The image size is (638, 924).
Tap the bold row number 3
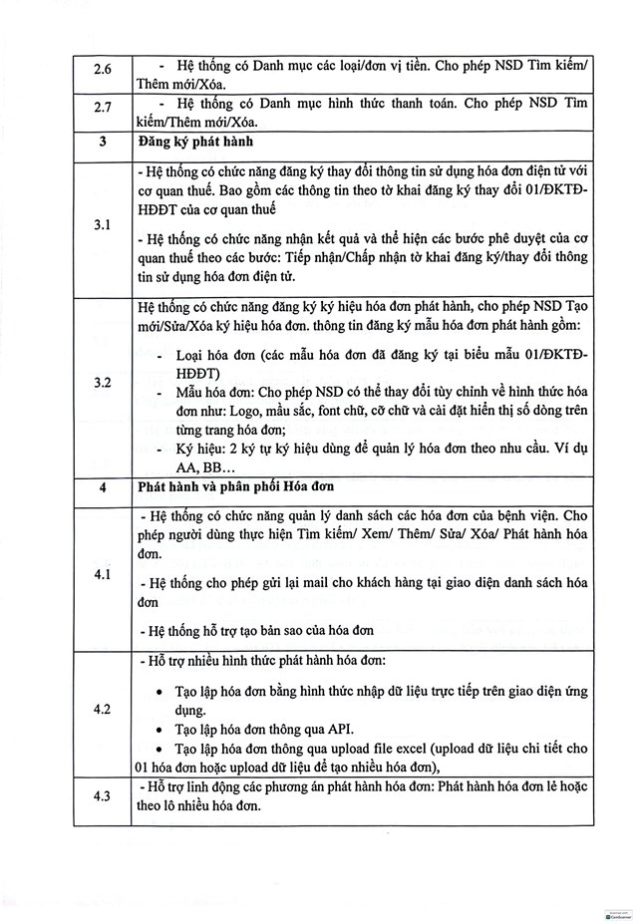click(x=103, y=142)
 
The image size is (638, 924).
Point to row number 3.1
click(x=103, y=226)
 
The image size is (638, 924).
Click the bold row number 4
click(x=103, y=489)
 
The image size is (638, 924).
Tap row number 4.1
click(x=103, y=576)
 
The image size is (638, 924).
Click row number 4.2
click(x=103, y=709)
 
